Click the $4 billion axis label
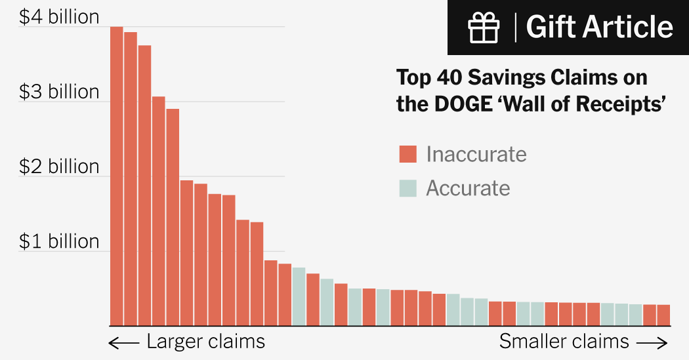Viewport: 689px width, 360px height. [59, 17]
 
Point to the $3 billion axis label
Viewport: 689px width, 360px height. [59, 92]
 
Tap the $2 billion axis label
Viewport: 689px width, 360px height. [59, 167]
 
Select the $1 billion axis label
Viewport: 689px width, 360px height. [59, 241]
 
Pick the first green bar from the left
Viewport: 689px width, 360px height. [299, 296]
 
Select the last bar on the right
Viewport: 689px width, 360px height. [663, 315]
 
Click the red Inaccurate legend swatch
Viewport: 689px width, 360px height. [408, 154]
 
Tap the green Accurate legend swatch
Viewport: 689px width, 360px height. [408, 188]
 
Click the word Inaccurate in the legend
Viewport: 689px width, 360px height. [476, 154]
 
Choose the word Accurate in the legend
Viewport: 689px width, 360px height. [468, 188]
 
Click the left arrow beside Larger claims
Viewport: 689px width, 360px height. [124, 343]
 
